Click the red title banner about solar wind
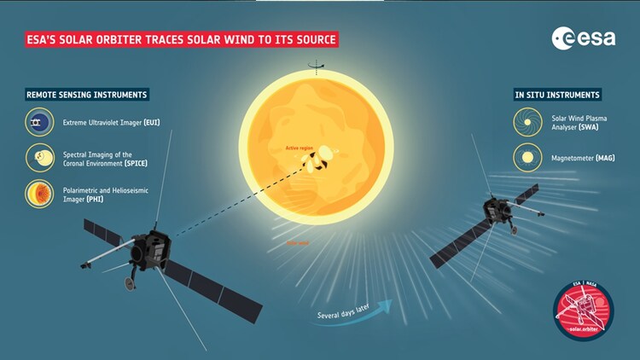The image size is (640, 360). [181, 39]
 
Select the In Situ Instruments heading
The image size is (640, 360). [556, 95]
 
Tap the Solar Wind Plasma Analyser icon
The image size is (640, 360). [527, 122]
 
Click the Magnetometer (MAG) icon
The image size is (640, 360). [527, 157]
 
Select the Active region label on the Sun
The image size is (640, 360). [300, 148]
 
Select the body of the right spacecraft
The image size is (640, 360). [495, 211]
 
